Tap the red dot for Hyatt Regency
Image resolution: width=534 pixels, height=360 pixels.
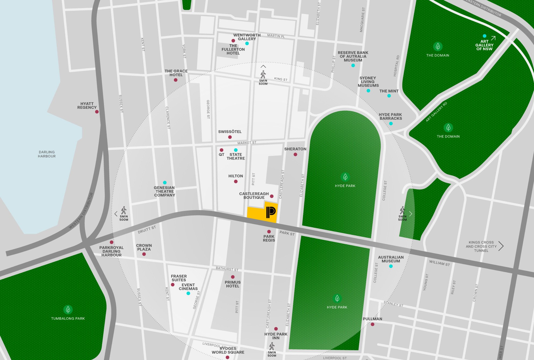point(97,112)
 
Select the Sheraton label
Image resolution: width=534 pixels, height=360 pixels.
point(295,149)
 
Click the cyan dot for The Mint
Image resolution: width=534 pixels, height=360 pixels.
point(389,96)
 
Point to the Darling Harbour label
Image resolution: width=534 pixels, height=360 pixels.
point(47,154)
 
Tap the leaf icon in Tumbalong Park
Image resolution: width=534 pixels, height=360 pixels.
point(68,309)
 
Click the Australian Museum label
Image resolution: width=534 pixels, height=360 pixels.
point(391,259)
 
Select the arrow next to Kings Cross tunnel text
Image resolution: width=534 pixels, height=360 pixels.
point(501,246)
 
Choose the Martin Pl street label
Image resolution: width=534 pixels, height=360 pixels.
point(276,36)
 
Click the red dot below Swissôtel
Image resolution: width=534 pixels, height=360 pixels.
point(230,137)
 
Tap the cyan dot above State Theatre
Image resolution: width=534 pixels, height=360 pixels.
point(236,150)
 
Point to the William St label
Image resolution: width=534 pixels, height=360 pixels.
point(439,263)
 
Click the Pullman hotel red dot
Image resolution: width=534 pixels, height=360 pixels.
point(373,324)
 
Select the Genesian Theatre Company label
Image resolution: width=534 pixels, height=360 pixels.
point(164,191)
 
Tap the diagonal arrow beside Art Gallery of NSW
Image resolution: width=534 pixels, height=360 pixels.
point(493,38)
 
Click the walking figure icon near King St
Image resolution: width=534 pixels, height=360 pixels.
point(263,74)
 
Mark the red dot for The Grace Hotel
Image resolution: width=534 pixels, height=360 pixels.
point(176,80)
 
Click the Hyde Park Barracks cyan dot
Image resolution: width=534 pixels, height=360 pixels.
point(391,124)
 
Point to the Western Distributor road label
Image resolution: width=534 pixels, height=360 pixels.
point(81,211)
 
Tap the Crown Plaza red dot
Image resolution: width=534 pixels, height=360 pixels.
point(144,254)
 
